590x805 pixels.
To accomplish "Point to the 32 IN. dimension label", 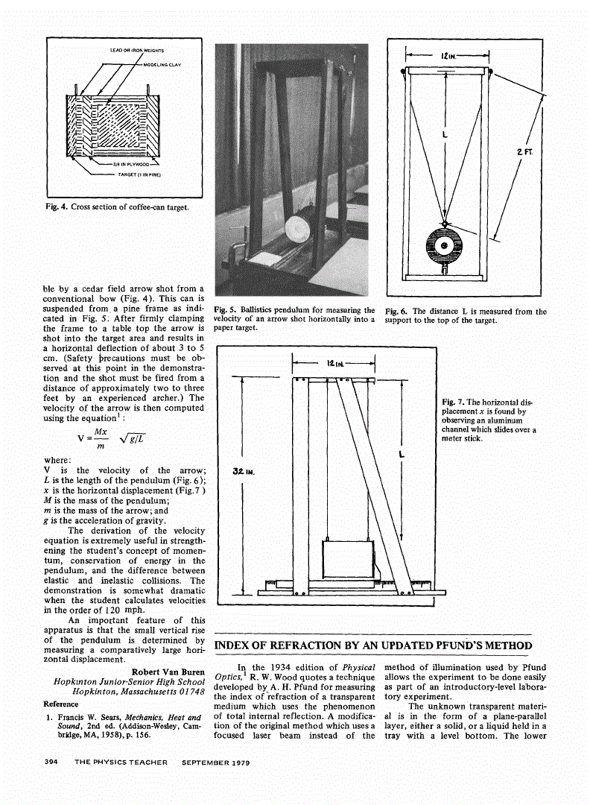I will point(241,471).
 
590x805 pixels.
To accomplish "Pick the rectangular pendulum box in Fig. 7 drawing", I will point(347,563).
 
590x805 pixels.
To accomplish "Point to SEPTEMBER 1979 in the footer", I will point(215,763).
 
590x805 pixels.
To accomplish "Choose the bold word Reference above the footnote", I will point(61,704).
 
